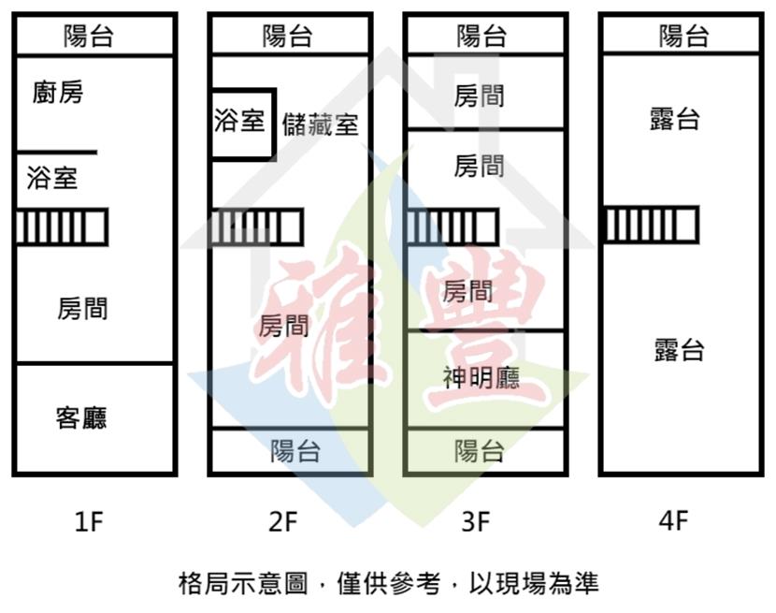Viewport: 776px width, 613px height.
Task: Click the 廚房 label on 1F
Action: [57, 94]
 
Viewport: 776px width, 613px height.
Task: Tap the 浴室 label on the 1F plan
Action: [52, 178]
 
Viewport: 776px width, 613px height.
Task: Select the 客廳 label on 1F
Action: [81, 417]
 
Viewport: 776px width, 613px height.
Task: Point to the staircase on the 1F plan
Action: [62, 226]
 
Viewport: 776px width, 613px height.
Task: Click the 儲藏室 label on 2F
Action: [320, 124]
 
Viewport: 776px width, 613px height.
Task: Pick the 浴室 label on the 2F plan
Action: [239, 122]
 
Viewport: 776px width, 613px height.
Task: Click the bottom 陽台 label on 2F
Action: [295, 451]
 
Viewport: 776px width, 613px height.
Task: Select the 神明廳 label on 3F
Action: [481, 377]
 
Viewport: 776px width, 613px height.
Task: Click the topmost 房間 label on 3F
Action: [479, 95]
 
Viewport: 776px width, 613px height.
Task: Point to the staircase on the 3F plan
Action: [452, 226]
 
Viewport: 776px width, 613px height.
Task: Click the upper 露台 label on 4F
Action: [675, 120]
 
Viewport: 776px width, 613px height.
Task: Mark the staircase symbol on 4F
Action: [651, 225]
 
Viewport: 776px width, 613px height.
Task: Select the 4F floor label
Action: [673, 521]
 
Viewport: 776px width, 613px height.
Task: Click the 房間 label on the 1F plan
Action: [82, 309]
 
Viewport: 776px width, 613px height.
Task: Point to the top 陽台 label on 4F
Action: [683, 36]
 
